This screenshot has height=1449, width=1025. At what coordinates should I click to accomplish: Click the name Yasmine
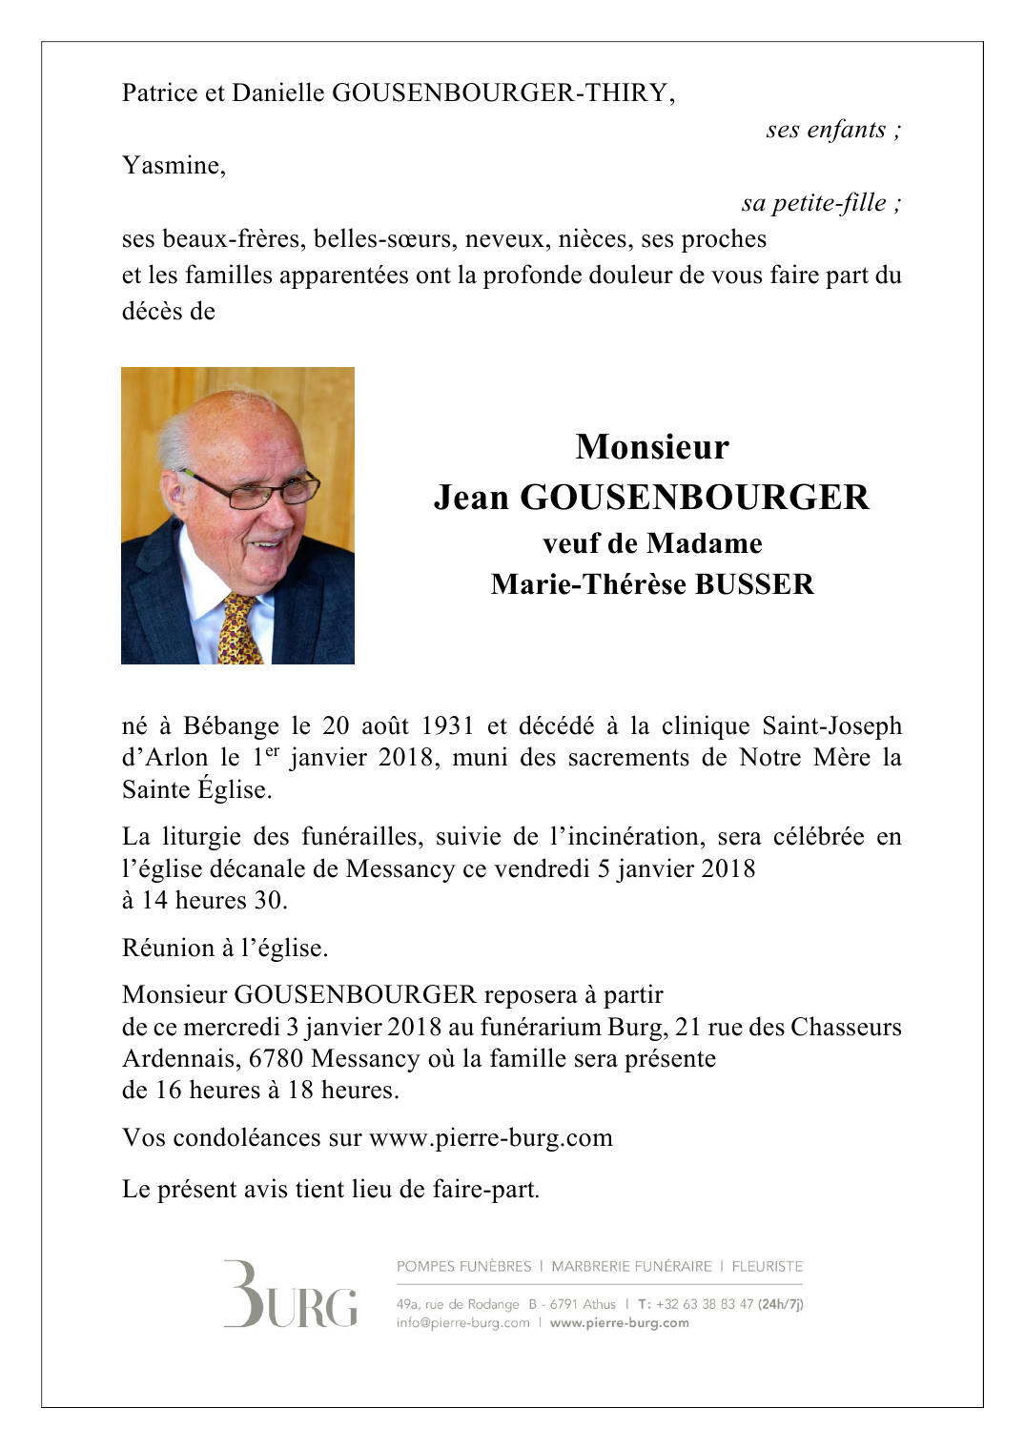click(x=173, y=166)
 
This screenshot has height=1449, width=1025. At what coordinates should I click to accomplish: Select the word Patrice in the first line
click(x=159, y=92)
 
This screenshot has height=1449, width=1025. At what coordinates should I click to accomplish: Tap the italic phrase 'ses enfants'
click(x=826, y=130)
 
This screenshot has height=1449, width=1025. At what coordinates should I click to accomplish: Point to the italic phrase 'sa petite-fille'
click(x=813, y=203)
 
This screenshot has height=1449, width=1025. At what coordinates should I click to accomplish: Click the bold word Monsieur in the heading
click(x=652, y=447)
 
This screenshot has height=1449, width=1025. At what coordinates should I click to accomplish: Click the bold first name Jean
click(x=471, y=498)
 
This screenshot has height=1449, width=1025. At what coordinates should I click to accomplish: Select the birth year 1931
click(x=447, y=726)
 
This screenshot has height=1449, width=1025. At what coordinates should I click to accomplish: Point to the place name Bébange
click(x=231, y=726)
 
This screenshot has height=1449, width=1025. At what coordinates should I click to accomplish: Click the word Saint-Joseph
click(x=831, y=726)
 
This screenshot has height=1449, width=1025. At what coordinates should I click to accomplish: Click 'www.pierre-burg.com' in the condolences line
click(x=490, y=1138)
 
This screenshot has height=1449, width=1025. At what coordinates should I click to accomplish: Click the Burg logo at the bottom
click(x=291, y=1296)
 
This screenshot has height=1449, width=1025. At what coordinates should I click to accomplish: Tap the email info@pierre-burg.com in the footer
click(x=462, y=1323)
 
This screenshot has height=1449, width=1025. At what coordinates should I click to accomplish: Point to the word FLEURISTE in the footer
click(x=767, y=1267)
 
